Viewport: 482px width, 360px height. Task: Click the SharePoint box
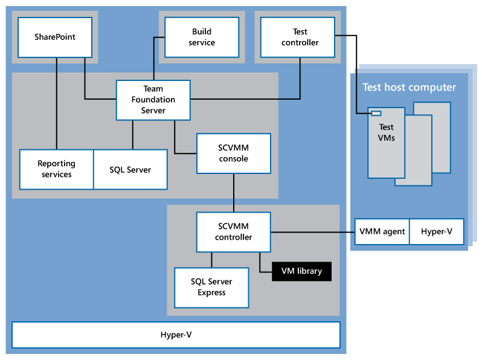(x=55, y=37)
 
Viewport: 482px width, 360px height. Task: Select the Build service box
(x=202, y=37)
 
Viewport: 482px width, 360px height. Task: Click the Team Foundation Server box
(x=153, y=100)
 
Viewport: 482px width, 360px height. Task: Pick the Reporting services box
(x=56, y=169)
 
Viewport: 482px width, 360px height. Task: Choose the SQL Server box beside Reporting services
(x=130, y=169)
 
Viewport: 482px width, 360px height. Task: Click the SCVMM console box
(x=234, y=153)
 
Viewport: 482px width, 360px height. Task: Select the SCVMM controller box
(x=234, y=231)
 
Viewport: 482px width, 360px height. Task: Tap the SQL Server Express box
(x=211, y=287)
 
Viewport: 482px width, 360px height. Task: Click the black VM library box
(x=301, y=271)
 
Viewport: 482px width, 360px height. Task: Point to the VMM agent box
(x=382, y=231)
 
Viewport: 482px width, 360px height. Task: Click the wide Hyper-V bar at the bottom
(x=176, y=335)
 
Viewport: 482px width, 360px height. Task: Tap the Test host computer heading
(x=409, y=88)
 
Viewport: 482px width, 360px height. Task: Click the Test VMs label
(x=386, y=132)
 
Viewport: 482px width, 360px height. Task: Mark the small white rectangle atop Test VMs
(x=376, y=113)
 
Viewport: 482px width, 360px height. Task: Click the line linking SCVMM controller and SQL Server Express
(x=211, y=260)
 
